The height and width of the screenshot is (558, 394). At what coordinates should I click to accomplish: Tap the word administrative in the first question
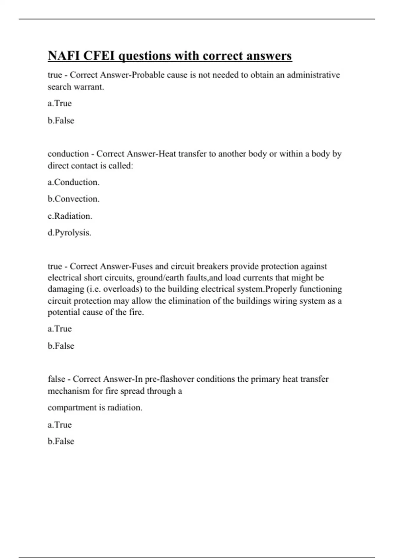click(313, 75)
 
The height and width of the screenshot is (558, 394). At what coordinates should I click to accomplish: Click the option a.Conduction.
click(74, 182)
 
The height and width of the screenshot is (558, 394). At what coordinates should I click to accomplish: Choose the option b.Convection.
click(74, 199)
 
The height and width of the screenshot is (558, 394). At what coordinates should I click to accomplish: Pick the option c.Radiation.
click(70, 216)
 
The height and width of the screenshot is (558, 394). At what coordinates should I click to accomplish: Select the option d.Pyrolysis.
click(70, 233)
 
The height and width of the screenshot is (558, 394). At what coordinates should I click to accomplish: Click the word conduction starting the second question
click(68, 154)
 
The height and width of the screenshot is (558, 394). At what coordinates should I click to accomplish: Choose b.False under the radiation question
click(61, 441)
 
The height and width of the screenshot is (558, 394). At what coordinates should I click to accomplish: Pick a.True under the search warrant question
click(60, 103)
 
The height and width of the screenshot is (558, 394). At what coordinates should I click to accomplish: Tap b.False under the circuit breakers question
click(61, 346)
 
